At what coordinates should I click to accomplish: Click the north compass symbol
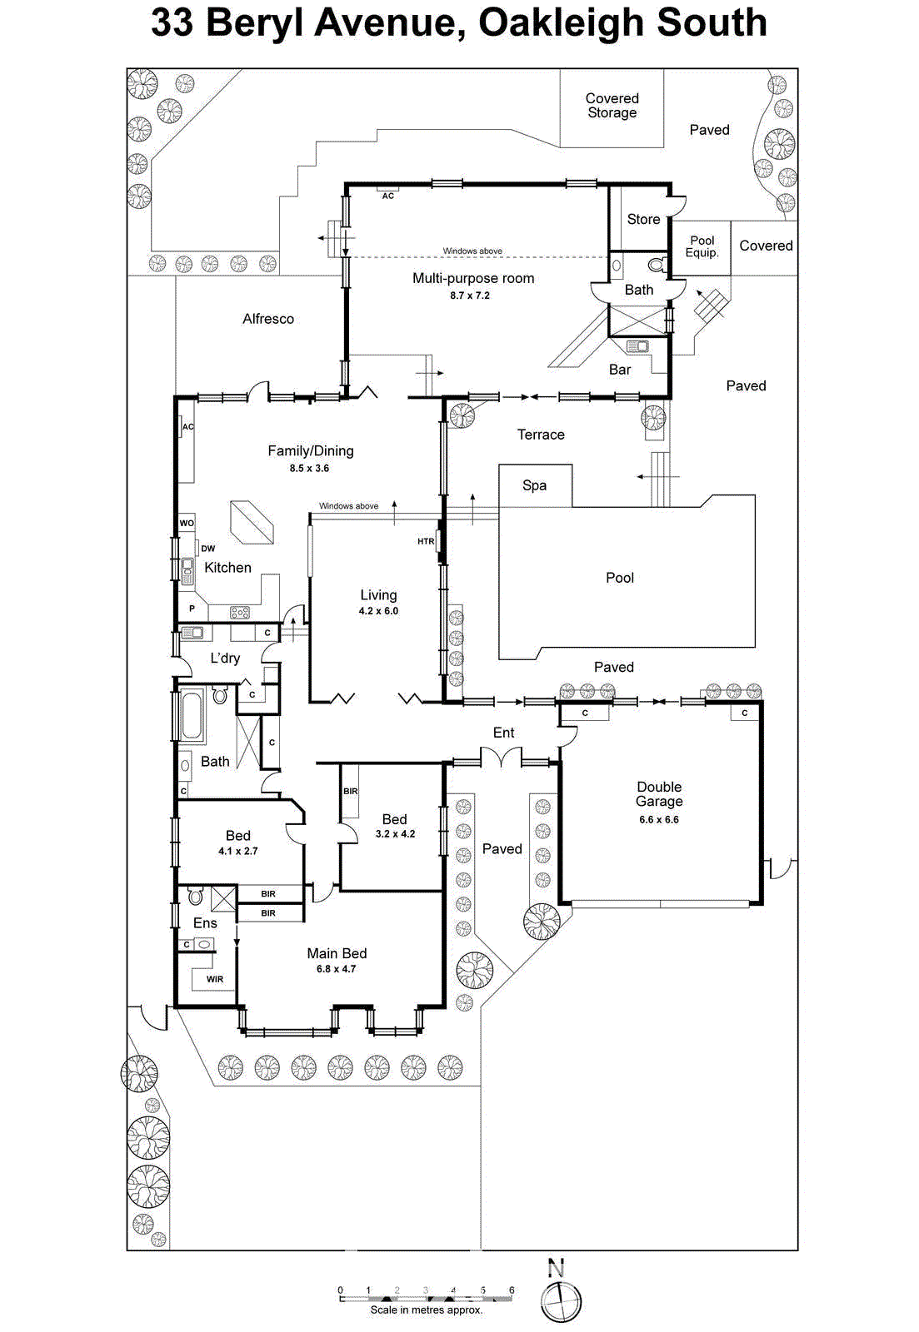coord(560,1300)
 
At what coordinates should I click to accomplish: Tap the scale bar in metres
coord(426,1297)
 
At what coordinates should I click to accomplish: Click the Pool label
coord(620,578)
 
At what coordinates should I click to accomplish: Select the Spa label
coord(534,485)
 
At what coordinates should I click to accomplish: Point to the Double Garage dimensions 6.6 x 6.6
coord(658,819)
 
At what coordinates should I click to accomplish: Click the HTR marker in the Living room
coord(426,541)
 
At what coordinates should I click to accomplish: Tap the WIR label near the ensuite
coord(215,979)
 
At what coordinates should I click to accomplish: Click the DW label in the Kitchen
coord(207,549)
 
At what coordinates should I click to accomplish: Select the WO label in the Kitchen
coord(187,523)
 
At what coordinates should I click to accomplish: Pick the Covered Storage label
coord(612,106)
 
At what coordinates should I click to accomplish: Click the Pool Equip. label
coord(702,246)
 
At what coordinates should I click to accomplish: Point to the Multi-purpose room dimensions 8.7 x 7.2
coord(470,296)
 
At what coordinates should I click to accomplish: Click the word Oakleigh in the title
coord(551,22)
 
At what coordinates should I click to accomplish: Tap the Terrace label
coord(541,435)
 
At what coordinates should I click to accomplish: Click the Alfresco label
coord(268,319)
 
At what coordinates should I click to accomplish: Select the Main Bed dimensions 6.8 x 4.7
coord(336,969)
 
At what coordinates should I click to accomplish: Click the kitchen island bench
coord(252,522)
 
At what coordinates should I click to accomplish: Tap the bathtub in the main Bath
coord(192,715)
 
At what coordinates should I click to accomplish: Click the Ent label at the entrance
coord(503,733)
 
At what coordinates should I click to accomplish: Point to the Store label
coord(643,219)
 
